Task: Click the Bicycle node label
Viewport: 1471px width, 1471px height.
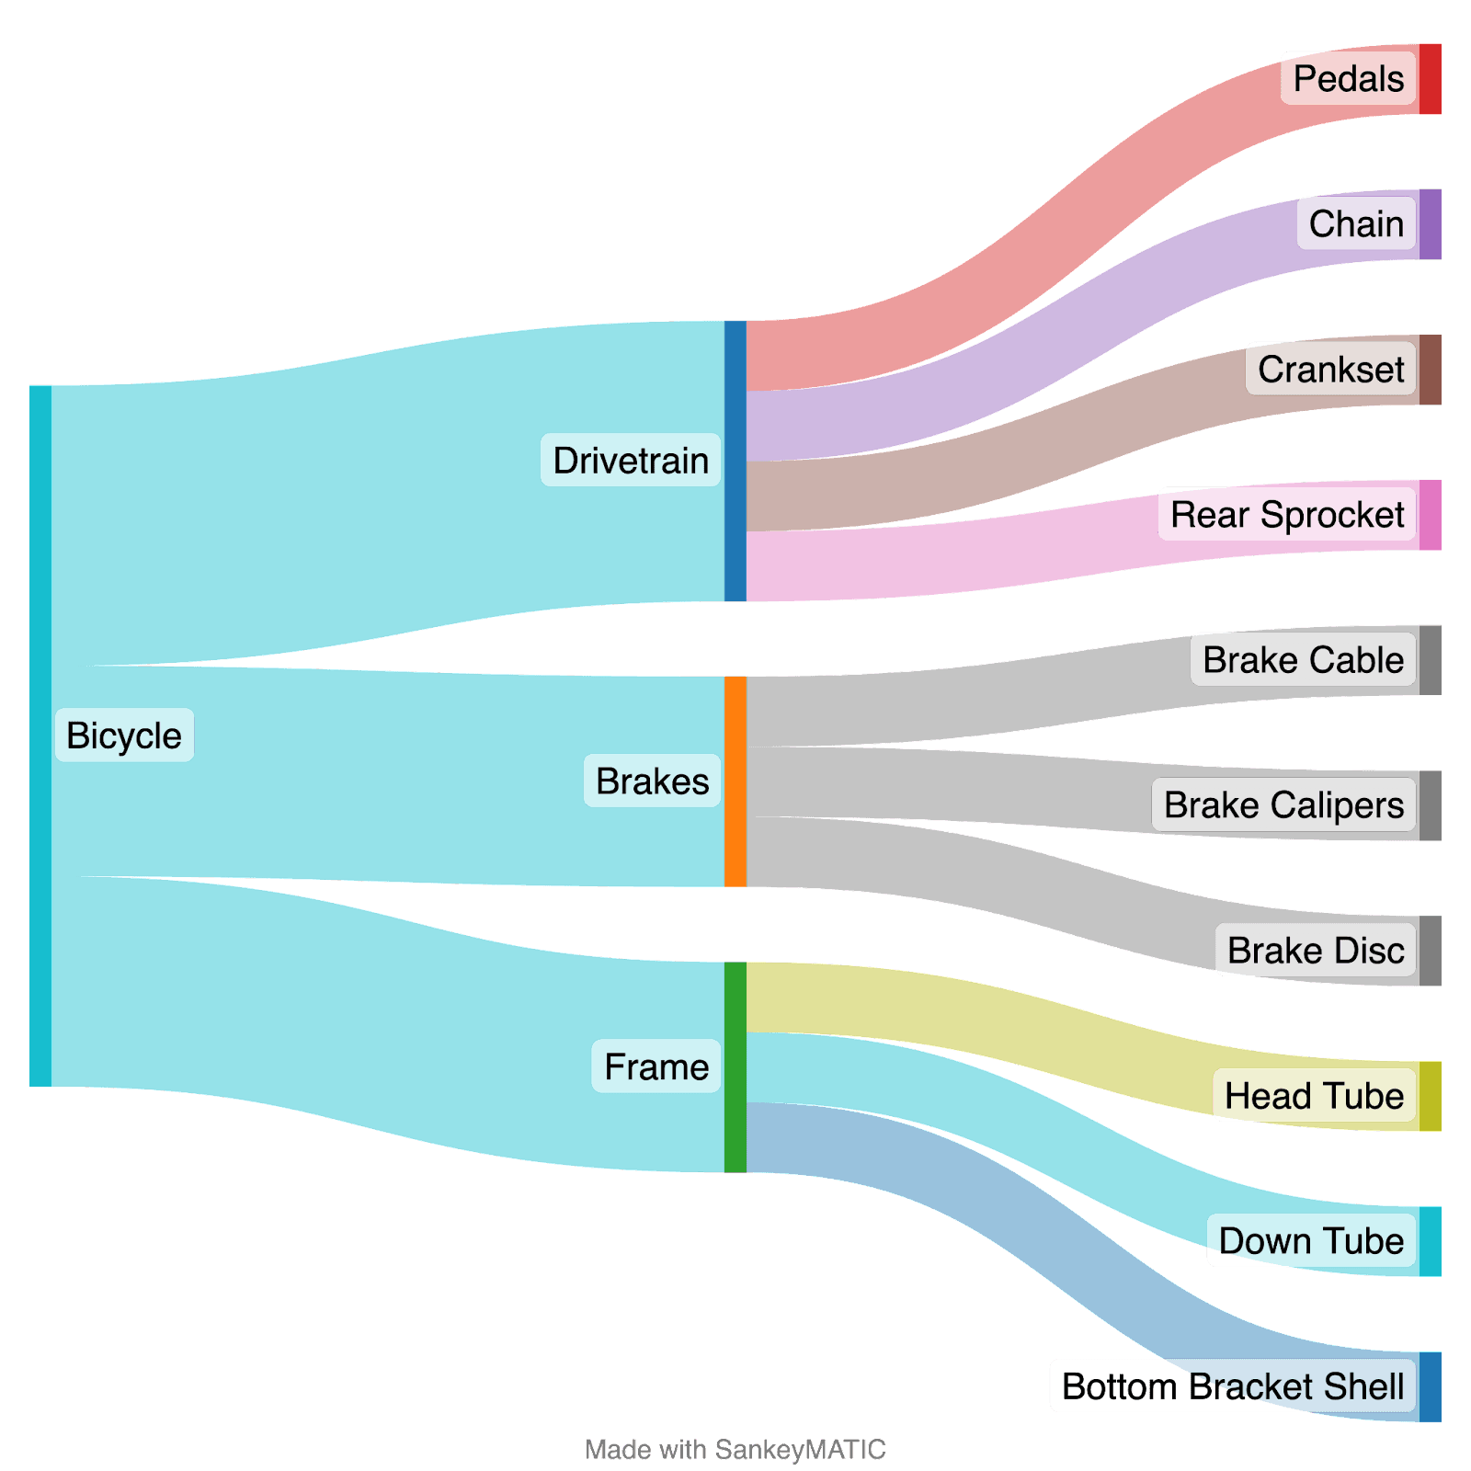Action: pos(124,735)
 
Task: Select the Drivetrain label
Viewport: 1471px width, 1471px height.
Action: pos(631,460)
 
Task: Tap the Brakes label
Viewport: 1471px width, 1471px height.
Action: pos(652,781)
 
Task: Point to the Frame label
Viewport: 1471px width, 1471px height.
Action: pos(656,1066)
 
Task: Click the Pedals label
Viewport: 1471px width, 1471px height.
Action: pos(1348,79)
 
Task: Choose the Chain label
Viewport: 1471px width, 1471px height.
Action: pos(1356,223)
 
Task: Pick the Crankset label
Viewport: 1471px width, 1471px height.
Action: pos(1330,370)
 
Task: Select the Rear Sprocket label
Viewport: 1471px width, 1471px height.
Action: pos(1286,515)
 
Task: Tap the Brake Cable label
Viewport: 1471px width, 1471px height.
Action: pos(1303,660)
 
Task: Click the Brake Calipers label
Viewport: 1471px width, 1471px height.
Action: pos(1283,805)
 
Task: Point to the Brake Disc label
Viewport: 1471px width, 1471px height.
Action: pos(1315,950)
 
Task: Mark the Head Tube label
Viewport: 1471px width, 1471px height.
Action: pos(1314,1095)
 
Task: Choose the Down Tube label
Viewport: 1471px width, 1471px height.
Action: pos(1311,1240)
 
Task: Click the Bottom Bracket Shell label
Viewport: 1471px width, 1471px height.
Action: pos(1232,1385)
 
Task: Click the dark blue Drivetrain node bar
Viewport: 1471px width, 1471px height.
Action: pos(735,461)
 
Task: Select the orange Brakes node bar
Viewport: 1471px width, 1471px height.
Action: pos(735,781)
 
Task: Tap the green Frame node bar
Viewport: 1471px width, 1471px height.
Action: pos(735,1066)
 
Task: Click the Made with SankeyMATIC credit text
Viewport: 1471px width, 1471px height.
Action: pos(735,1450)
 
